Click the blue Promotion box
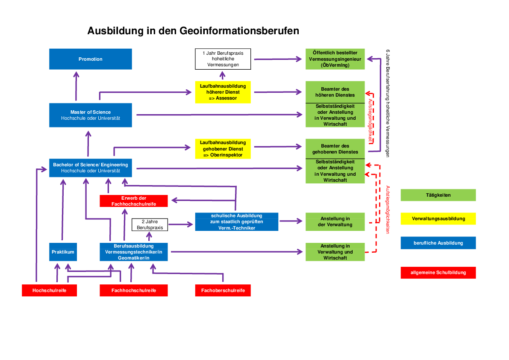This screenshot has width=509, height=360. click(91, 59)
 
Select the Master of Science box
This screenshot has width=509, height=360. click(91, 115)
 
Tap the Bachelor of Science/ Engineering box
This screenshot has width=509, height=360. click(91, 168)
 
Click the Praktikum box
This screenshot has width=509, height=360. click(63, 252)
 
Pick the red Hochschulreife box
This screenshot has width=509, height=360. click(50, 290)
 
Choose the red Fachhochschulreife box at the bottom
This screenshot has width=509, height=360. click(133, 290)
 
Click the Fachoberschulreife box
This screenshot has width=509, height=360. click(223, 290)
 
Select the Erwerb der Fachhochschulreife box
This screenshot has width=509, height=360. click(133, 201)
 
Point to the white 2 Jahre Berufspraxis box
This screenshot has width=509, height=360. click(150, 225)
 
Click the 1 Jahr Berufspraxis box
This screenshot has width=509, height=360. click(223, 59)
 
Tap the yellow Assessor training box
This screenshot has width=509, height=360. click(223, 92)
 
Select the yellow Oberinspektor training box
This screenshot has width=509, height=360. click(223, 149)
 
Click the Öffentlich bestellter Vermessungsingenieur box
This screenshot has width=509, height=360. click(335, 59)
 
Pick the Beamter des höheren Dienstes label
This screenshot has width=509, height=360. click(335, 92)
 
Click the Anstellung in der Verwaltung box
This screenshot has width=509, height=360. click(335, 221)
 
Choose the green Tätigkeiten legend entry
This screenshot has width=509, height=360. click(438, 195)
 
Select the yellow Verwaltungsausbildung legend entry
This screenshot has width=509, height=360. click(438, 218)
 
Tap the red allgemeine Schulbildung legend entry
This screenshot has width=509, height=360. click(438, 272)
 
